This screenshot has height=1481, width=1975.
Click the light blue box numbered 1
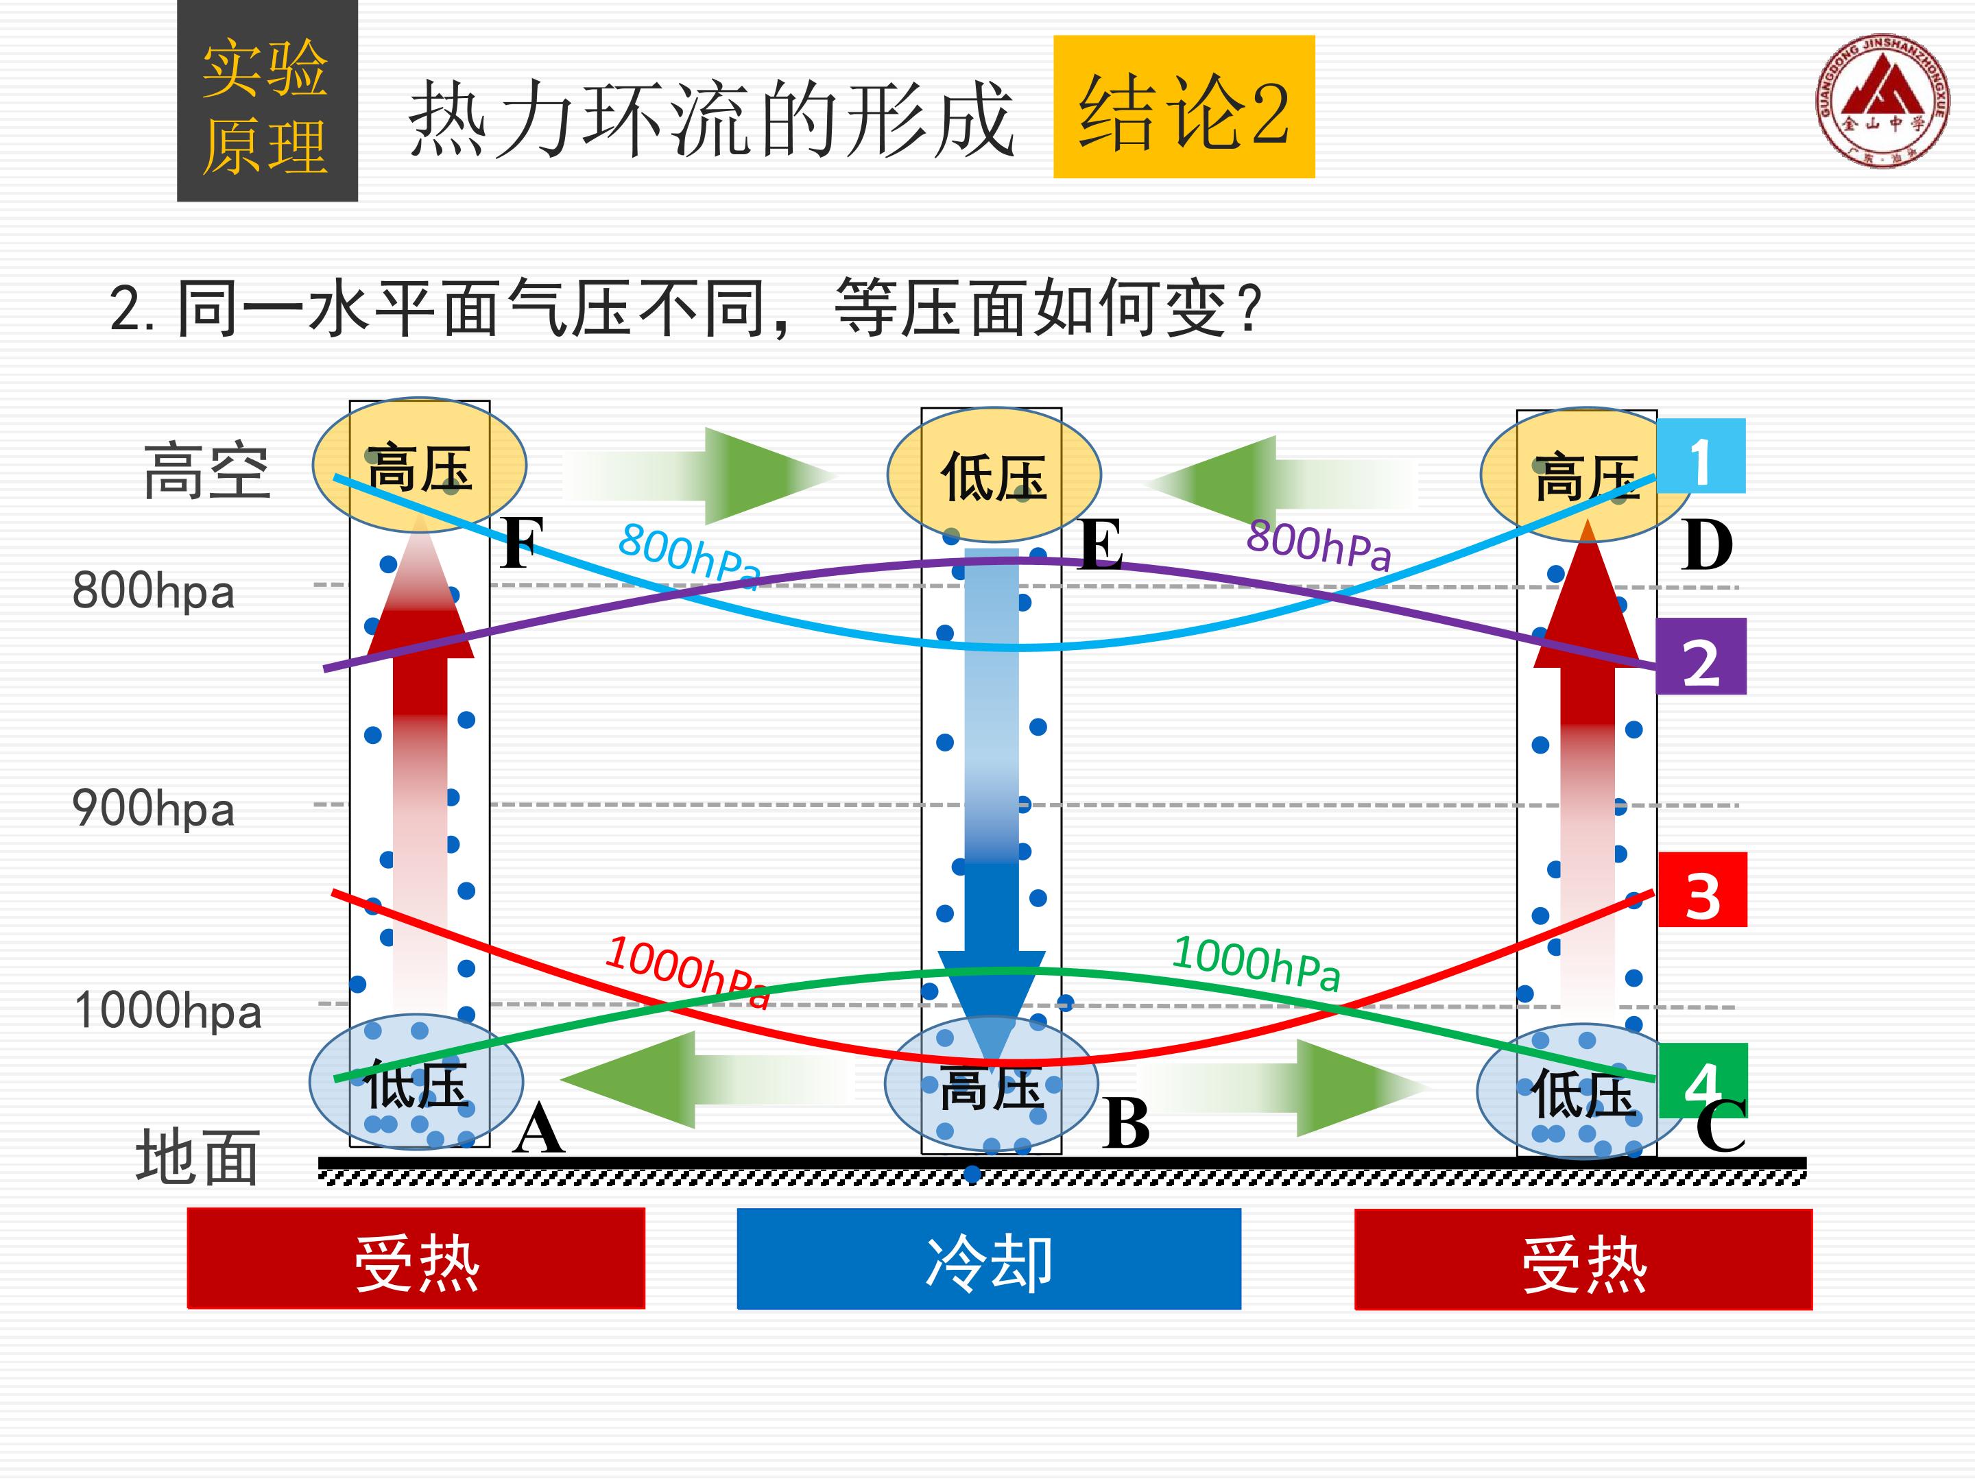(1700, 455)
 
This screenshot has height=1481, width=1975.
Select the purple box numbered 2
(1701, 656)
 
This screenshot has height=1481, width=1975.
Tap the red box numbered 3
(1702, 890)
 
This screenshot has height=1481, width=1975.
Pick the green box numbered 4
(1702, 1081)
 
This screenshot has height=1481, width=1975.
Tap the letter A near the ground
(538, 1129)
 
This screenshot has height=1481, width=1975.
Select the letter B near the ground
(1126, 1123)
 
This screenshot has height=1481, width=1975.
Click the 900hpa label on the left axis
(153, 809)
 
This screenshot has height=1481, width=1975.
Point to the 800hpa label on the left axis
(153, 591)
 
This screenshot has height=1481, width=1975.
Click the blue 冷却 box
(988, 1259)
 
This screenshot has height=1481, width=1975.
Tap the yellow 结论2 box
(1184, 106)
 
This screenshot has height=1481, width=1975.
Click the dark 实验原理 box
(267, 100)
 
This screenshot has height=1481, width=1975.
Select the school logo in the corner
(1882, 101)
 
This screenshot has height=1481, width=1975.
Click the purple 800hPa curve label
(1319, 544)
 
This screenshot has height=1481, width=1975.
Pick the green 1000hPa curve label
(1256, 963)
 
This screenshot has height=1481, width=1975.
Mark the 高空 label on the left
(206, 470)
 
